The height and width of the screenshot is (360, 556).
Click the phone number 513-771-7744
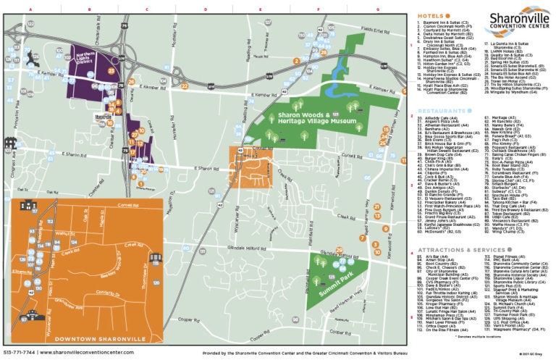(19, 353)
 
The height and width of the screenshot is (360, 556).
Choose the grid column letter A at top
(30, 9)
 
